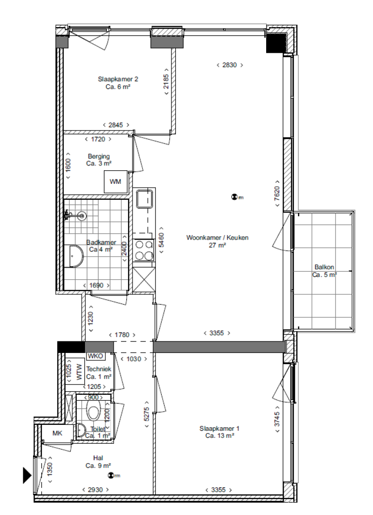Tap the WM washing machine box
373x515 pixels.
coord(116,182)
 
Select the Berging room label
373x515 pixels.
coord(99,160)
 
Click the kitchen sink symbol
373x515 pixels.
coord(144,199)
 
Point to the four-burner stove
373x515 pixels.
coord(144,250)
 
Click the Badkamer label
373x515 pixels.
coord(101,246)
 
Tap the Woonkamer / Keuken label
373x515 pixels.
coord(218,241)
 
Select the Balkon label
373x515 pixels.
coord(324,271)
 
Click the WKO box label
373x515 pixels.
coord(95,356)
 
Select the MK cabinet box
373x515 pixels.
coord(57,433)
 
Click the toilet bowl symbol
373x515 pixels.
coord(94,411)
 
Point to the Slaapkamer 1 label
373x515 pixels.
coord(220,432)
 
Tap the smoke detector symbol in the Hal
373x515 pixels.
coord(111,476)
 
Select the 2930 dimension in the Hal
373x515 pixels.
coord(95,490)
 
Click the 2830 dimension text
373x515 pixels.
coord(229,65)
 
